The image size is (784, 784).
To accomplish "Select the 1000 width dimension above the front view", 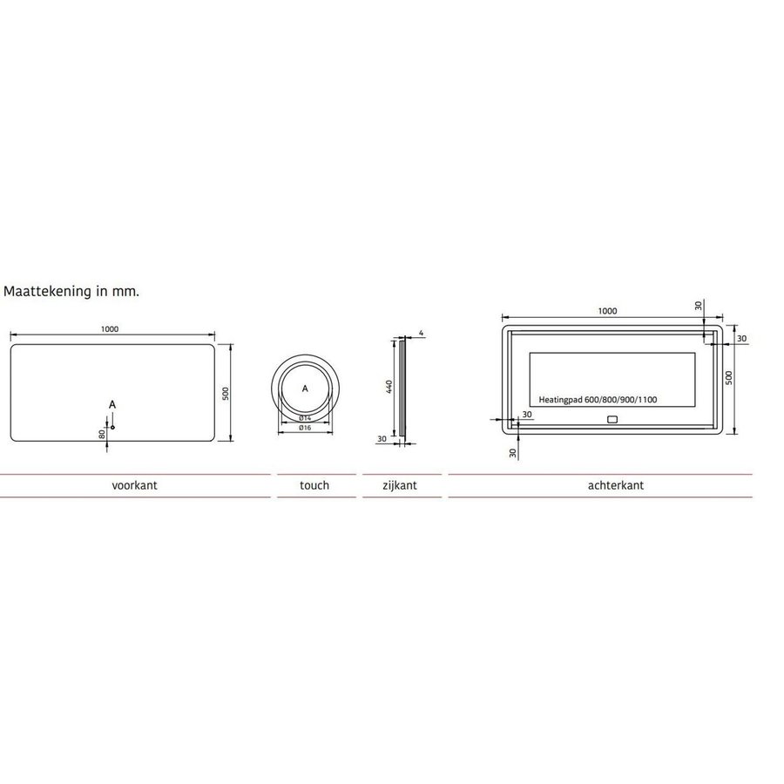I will tap(109, 329).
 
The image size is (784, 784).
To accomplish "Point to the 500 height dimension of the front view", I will tap(225, 393).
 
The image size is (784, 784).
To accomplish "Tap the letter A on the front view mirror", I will tap(112, 404).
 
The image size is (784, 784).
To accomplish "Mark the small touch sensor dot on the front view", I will tap(112, 427).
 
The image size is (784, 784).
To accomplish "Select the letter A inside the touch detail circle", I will tap(305, 389).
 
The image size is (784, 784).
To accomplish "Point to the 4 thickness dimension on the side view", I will tap(421, 333).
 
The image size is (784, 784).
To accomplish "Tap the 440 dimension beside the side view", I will tap(389, 387).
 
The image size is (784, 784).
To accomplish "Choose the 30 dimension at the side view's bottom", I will tap(382, 440).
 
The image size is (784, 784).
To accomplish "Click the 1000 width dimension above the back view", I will tap(607, 311).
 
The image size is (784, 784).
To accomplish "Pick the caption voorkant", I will tap(134, 486).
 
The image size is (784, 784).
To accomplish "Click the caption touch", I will tap(314, 486).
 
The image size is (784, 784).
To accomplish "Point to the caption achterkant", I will tap(616, 486).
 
